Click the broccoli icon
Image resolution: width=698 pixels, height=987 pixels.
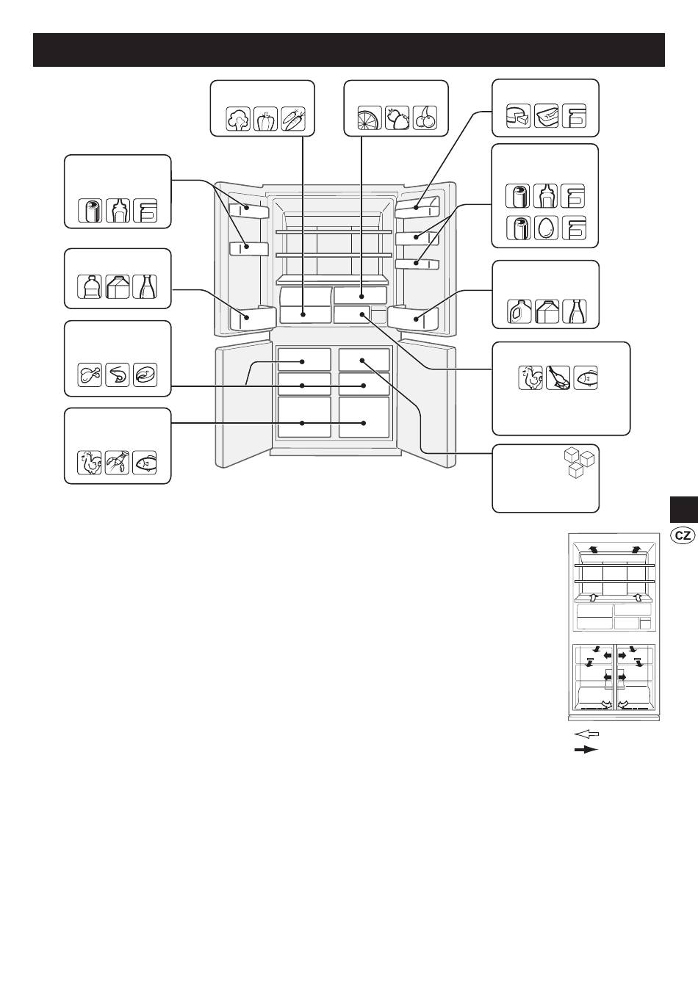(x=238, y=118)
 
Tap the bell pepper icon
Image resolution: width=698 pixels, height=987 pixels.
(x=265, y=118)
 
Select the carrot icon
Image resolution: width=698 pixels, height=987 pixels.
(x=293, y=118)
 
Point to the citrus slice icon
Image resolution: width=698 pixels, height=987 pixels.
(x=370, y=117)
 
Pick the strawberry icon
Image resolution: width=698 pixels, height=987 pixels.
(x=397, y=117)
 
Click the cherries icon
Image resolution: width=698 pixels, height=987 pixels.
(x=425, y=117)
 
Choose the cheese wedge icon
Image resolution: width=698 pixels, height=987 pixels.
(x=519, y=116)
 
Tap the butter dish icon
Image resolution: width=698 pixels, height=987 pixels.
(x=547, y=116)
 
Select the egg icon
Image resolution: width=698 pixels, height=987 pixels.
(x=546, y=228)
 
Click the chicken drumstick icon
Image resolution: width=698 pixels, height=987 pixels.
(x=90, y=375)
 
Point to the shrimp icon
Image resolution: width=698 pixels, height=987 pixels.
(x=118, y=375)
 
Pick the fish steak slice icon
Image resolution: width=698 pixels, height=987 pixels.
(x=145, y=375)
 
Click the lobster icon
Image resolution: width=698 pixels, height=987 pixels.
(x=118, y=463)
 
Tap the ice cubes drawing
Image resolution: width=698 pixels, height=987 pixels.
(x=580, y=463)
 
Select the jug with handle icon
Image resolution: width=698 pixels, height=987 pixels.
(x=519, y=311)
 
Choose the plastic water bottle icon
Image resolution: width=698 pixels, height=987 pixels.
(x=90, y=286)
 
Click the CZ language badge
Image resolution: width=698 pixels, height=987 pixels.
(x=683, y=535)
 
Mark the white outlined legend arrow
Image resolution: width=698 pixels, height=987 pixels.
(x=587, y=734)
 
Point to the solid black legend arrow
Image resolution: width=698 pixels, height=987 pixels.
(x=586, y=750)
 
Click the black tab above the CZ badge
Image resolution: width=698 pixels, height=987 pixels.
(x=684, y=510)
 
